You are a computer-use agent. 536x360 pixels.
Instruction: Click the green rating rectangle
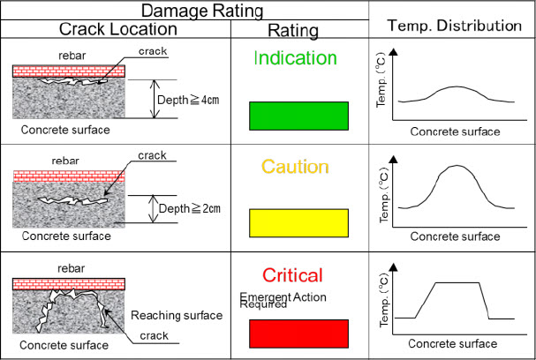pyautogui.click(x=298, y=116)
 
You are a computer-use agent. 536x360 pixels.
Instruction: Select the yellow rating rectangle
pyautogui.click(x=298, y=223)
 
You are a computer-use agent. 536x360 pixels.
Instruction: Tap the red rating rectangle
pyautogui.click(x=298, y=334)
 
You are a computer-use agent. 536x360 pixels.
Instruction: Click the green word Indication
pyautogui.click(x=295, y=58)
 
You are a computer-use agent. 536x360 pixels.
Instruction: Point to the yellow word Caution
pyautogui.click(x=295, y=167)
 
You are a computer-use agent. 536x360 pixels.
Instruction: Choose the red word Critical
pyautogui.click(x=292, y=275)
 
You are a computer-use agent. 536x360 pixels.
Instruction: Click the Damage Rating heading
pyautogui.click(x=202, y=11)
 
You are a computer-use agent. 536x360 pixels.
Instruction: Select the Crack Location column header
pyautogui.click(x=118, y=29)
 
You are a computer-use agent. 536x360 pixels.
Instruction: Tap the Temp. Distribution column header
pyautogui.click(x=454, y=26)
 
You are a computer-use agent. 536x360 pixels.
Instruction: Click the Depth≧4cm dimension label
pyautogui.click(x=188, y=100)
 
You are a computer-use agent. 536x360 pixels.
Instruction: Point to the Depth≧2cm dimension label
pyautogui.click(x=189, y=209)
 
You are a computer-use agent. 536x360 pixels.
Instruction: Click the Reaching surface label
pyautogui.click(x=177, y=315)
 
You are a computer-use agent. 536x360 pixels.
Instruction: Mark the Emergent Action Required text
pyautogui.click(x=283, y=300)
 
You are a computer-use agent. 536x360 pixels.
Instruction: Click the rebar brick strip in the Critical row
pyautogui.click(x=69, y=284)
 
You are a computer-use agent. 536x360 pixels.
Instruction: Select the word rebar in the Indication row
pyautogui.click(x=72, y=56)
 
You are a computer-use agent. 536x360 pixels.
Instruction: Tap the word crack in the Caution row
pyautogui.click(x=152, y=155)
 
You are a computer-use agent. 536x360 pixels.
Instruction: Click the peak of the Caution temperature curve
pyautogui.click(x=457, y=166)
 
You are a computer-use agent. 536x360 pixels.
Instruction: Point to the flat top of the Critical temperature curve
pyautogui.click(x=457, y=282)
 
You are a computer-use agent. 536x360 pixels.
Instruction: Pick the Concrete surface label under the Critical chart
pyautogui.click(x=452, y=343)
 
